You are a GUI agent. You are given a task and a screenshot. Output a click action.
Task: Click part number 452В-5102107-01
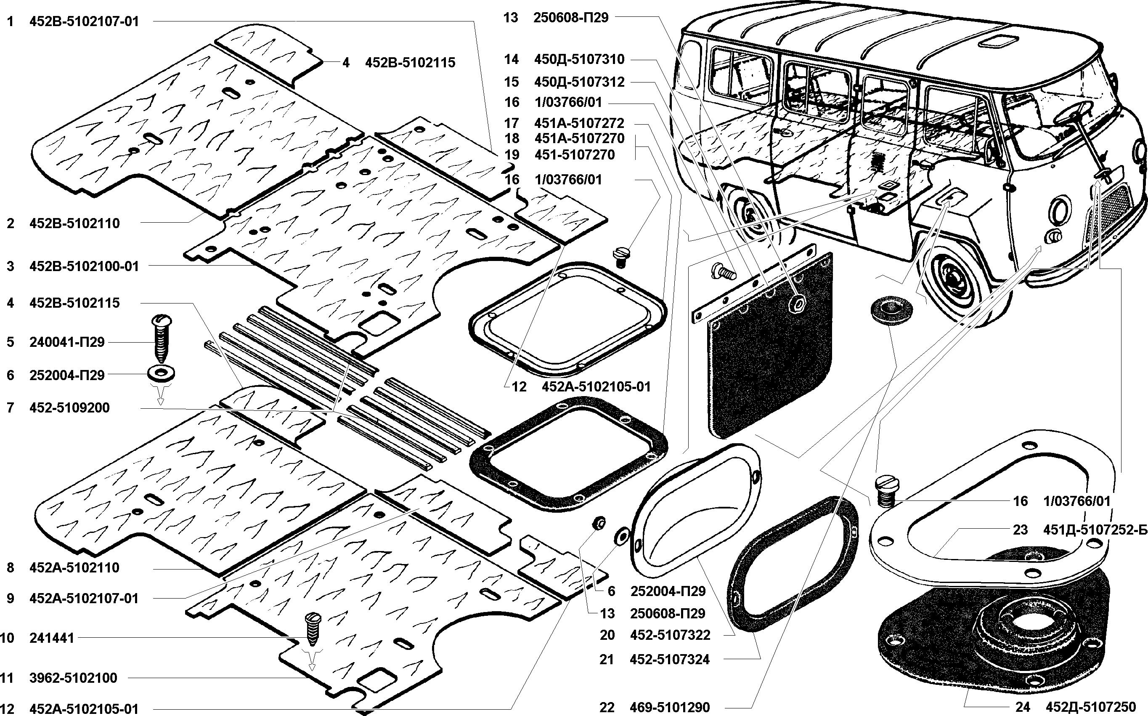point(84,22)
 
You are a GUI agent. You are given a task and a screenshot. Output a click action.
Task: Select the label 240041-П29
point(67,342)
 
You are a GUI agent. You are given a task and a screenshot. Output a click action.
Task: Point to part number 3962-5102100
point(73,678)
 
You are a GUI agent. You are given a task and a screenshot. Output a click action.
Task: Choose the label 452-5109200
point(69,408)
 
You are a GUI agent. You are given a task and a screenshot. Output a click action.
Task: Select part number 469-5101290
point(670,708)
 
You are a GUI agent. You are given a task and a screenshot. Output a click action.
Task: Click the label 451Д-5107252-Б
point(1095,530)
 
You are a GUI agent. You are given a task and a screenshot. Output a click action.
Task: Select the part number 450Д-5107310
point(579,59)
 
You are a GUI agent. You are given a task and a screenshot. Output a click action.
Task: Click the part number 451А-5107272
point(579,123)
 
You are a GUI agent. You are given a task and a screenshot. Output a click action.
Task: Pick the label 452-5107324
point(670,659)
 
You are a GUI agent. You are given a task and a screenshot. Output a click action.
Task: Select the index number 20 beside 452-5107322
point(607,635)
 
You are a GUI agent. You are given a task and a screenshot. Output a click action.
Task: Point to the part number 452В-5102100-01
point(84,266)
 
